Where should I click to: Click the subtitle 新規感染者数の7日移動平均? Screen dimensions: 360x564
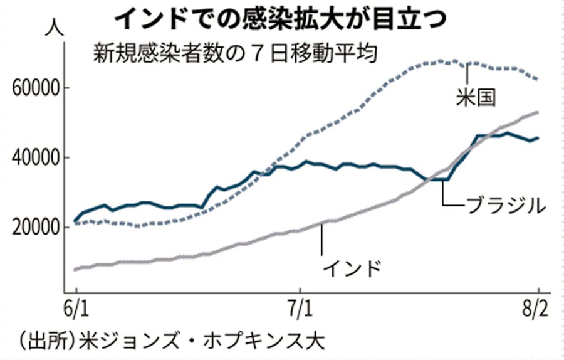234,53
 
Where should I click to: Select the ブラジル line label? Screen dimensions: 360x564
501,205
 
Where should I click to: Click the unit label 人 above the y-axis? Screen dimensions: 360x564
53,28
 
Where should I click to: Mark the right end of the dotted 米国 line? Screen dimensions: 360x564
538,79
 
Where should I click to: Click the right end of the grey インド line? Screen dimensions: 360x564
538,112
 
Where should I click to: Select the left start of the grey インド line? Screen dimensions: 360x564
75,270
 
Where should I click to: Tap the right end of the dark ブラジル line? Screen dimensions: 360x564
538,138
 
